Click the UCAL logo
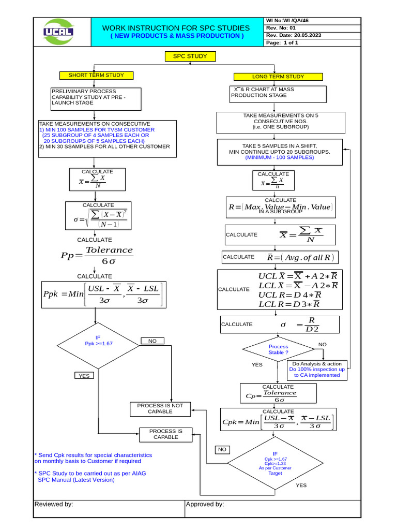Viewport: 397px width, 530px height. pyautogui.click(x=58, y=32)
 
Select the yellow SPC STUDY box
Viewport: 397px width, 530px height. pyautogui.click(x=190, y=56)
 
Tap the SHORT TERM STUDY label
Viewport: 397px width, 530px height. pyautogui.click(x=96, y=76)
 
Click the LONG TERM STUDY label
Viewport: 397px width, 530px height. pyautogui.click(x=278, y=77)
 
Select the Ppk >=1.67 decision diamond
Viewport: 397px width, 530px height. pyautogui.click(x=98, y=344)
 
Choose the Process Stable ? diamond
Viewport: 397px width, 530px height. pyautogui.click(x=278, y=349)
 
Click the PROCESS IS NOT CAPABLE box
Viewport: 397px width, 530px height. pyautogui.click(x=160, y=409)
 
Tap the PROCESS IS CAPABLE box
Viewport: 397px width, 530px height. pyautogui.click(x=165, y=434)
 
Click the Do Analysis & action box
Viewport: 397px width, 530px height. pyautogui.click(x=317, y=370)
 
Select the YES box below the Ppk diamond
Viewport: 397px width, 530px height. pyautogui.click(x=84, y=376)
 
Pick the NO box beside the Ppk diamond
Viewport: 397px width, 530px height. pyautogui.click(x=152, y=341)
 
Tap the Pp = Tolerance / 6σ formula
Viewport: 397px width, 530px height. pyautogui.click(x=96, y=255)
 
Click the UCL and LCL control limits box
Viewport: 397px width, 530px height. pyautogui.click(x=280, y=290)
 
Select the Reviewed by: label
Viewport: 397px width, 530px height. pyautogui.click(x=54, y=504)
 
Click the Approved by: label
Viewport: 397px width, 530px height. pyautogui.click(x=205, y=504)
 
